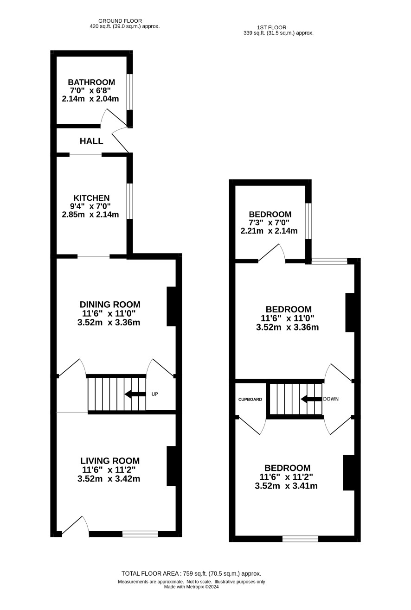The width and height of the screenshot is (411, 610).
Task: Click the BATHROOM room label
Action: coord(91,82)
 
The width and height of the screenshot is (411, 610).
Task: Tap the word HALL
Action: coord(91,141)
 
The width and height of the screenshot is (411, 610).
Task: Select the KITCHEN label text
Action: coord(91,198)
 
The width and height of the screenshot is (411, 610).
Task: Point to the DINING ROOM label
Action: coord(110,304)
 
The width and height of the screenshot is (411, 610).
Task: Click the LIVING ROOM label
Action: coord(110,460)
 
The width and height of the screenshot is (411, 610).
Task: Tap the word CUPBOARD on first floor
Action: coord(250,400)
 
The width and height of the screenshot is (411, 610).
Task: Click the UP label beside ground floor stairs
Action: coord(154,394)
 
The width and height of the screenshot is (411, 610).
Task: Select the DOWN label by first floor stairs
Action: coord(331,399)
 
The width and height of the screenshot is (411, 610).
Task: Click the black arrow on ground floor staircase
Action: coord(135,394)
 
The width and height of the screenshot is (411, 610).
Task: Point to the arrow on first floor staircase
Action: coord(311,399)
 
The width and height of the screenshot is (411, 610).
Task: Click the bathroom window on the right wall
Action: coord(130,92)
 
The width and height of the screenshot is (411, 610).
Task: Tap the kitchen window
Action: coord(130,201)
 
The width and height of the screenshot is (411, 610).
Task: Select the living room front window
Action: coord(140,534)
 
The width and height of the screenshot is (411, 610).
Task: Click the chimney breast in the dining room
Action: coord(171,306)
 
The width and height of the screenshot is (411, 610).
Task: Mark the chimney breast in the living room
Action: coord(171,466)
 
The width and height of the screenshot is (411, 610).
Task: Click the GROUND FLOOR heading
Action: coord(120,21)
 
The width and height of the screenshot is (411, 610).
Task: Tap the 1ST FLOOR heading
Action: coord(272,27)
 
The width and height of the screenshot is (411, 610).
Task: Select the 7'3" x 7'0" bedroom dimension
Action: coord(269,222)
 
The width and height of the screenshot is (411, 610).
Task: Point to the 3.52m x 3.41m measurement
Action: coord(286,486)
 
